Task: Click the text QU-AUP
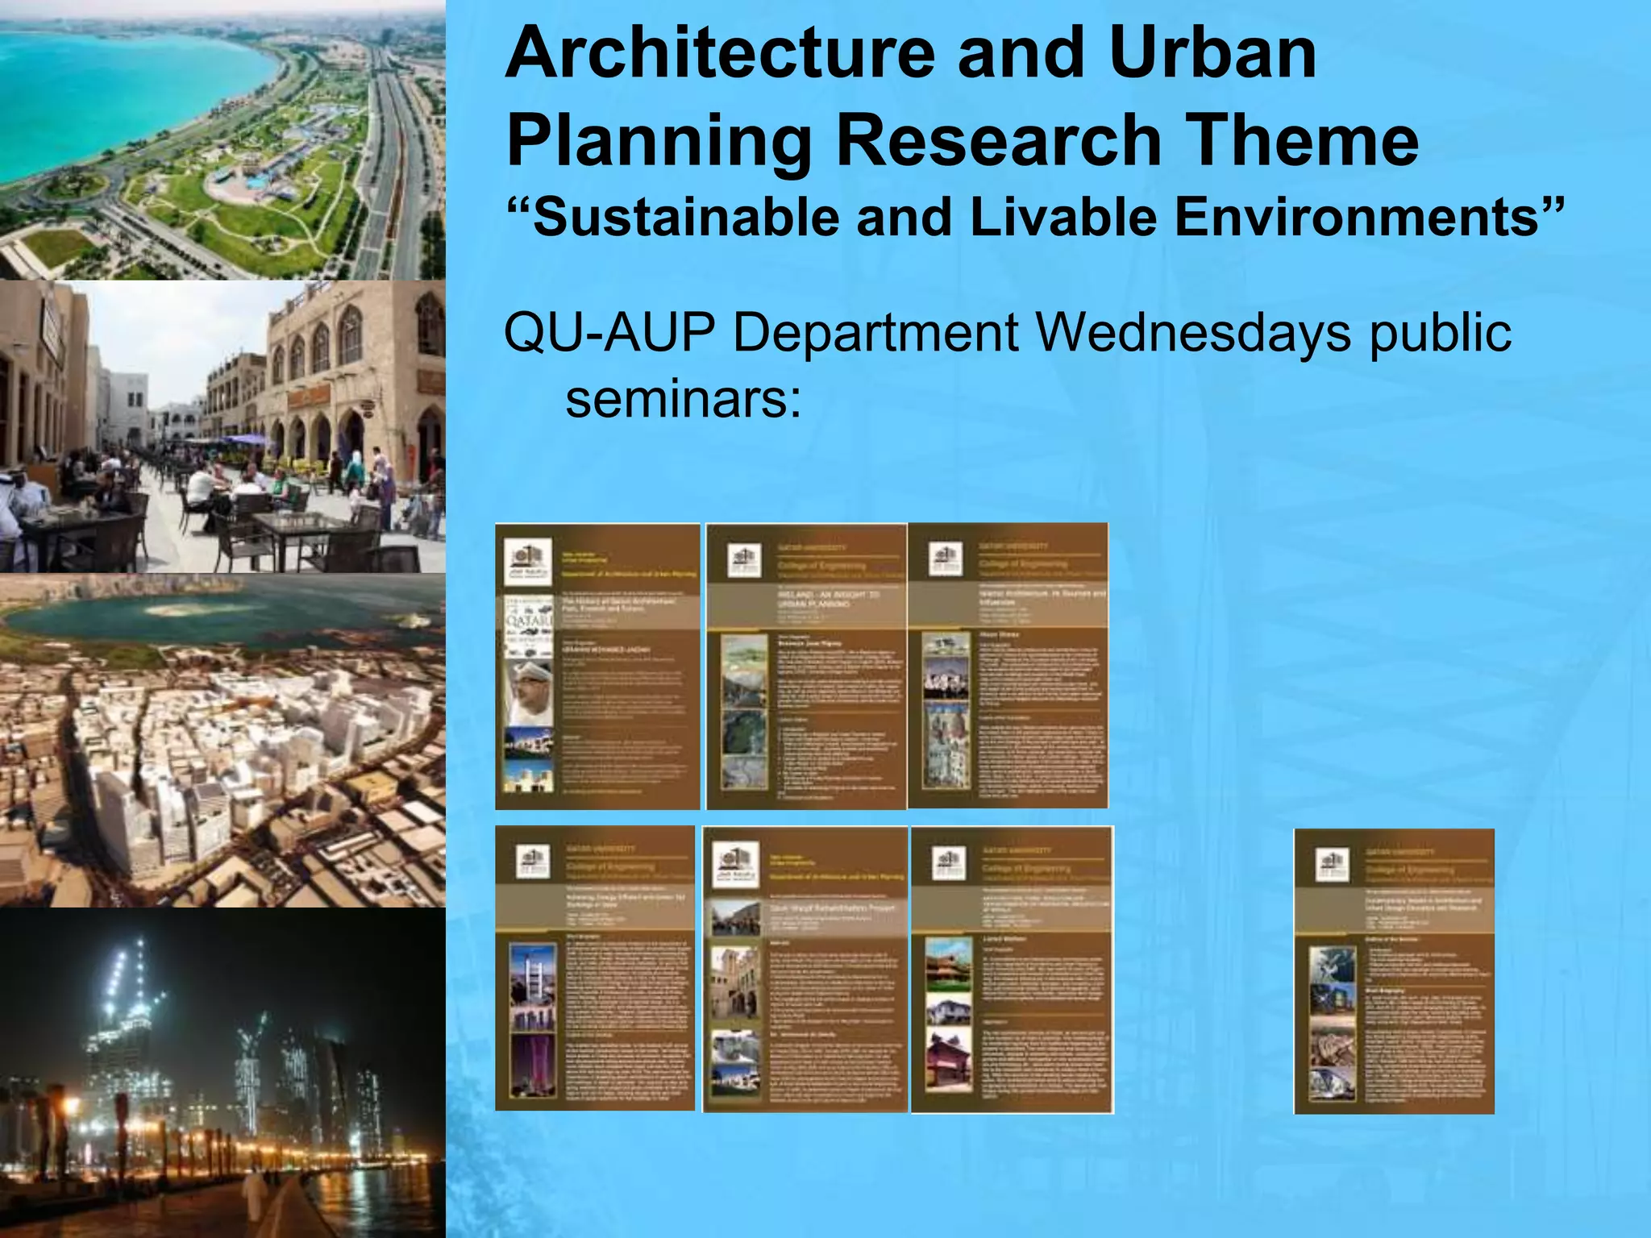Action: click(x=609, y=333)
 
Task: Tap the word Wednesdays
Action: click(x=1192, y=333)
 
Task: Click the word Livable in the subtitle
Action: click(x=1063, y=218)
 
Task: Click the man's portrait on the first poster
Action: click(x=529, y=693)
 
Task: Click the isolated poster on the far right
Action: click(x=1394, y=971)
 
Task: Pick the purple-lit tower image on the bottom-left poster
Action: click(x=533, y=1064)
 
